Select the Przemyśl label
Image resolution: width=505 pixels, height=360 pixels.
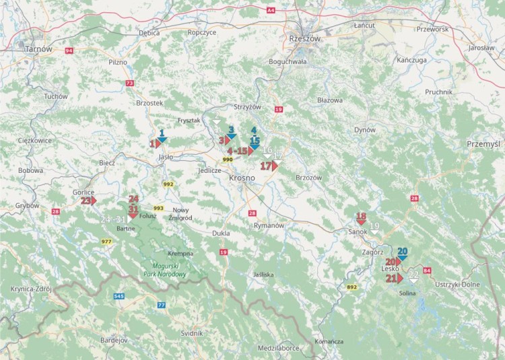pos(484,144)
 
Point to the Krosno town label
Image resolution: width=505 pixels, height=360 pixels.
pos(242,178)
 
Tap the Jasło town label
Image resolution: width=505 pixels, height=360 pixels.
pos(165,157)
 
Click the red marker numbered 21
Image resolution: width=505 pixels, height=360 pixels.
pos(395,278)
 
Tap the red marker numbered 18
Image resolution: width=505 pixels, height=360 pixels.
pos(361,218)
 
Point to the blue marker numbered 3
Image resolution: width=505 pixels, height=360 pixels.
pos(231,132)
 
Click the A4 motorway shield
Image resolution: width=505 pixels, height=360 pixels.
pos(271,11)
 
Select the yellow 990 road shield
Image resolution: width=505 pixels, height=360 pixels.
pos(228,160)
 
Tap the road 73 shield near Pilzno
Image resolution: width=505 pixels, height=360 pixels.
pos(129,83)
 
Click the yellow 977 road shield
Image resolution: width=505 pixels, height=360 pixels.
pos(106,241)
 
